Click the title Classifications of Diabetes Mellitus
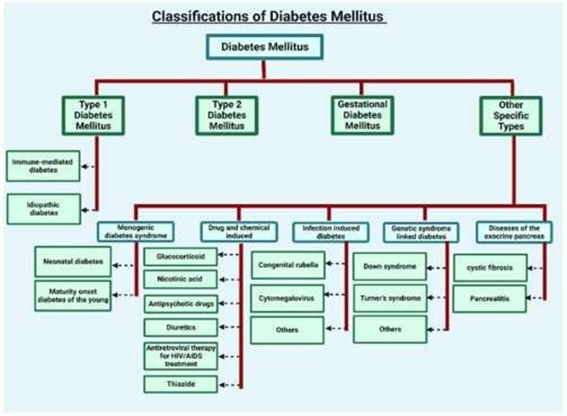pos(269,16)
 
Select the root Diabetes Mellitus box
pos(263,47)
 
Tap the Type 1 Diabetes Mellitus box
pos(92,114)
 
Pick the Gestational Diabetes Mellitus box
pos(362,114)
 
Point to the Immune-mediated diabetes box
pos(41,166)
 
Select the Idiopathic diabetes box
pos(41,209)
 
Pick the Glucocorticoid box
pos(179,256)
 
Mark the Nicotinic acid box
pos(179,278)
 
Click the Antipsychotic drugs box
pos(179,303)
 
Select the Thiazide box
pos(179,383)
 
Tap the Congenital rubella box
pos(288,265)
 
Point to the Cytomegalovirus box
pos(288,298)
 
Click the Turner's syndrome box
pos(389,298)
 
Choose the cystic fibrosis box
pos(489,267)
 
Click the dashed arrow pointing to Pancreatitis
pos(536,299)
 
